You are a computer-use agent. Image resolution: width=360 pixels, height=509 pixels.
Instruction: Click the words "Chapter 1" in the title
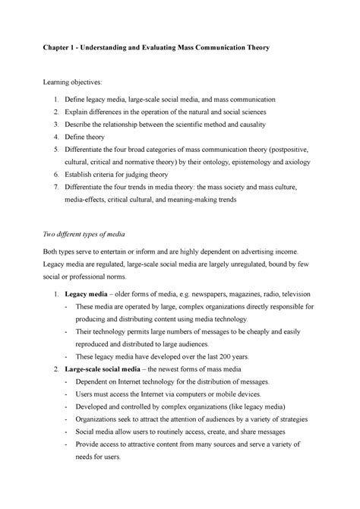[77, 48]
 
